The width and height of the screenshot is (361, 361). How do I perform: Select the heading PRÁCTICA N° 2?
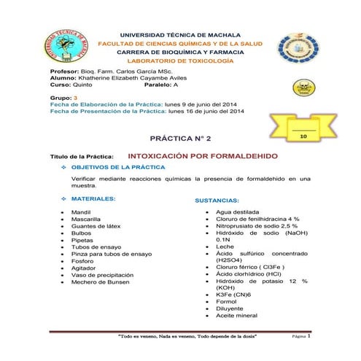click(x=180, y=138)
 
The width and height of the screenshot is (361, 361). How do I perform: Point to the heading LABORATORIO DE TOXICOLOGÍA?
click(x=182, y=63)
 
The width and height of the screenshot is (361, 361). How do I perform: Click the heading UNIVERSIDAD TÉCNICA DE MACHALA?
click(x=182, y=35)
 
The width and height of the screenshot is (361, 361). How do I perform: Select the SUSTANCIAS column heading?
click(x=223, y=199)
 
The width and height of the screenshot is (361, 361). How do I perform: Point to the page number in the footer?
click(x=309, y=338)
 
